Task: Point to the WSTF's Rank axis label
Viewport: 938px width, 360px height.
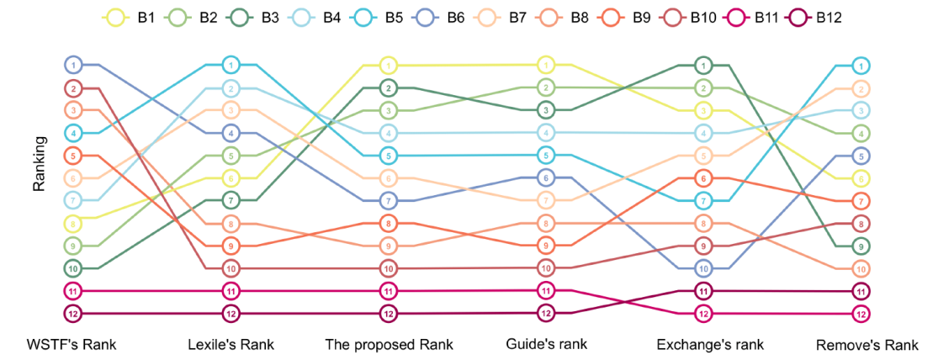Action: pos(72,345)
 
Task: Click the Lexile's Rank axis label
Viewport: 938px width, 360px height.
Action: pos(231,345)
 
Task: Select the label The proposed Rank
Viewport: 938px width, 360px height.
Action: pos(390,345)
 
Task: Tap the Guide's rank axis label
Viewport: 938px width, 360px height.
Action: pos(546,345)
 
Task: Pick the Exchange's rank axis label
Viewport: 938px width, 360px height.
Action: pos(705,345)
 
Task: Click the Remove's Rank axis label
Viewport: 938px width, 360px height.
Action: pos(866,345)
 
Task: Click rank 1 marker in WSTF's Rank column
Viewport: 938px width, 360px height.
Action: pos(74,65)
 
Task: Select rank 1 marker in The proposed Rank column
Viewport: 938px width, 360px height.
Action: pos(389,65)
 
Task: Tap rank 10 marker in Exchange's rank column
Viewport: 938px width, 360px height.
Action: pos(704,268)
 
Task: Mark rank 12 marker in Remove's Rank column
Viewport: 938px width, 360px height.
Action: pos(861,314)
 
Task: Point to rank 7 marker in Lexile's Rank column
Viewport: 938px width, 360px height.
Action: pos(231,200)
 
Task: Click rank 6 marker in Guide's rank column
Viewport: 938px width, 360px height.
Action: pos(546,177)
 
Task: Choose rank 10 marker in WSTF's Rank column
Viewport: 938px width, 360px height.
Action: pos(74,268)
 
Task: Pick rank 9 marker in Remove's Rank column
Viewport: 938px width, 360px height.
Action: pos(861,246)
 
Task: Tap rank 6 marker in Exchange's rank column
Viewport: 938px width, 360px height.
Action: pos(704,177)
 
